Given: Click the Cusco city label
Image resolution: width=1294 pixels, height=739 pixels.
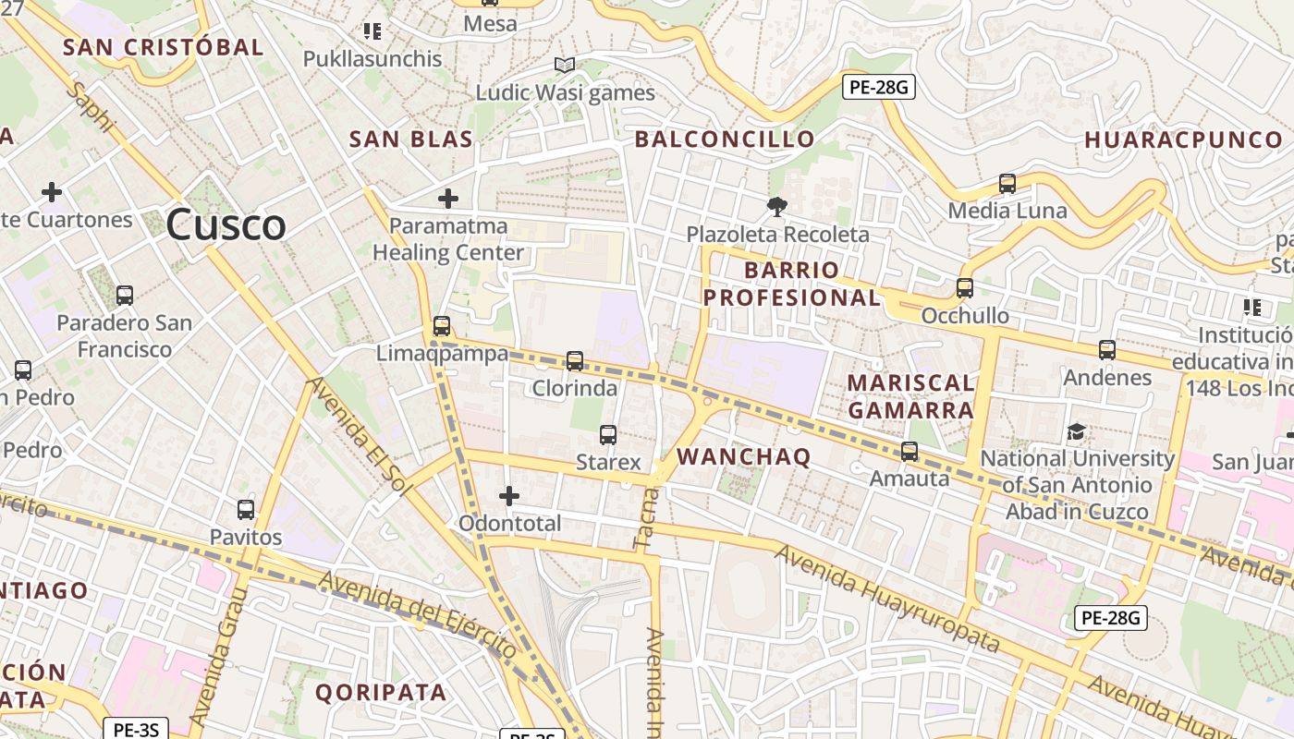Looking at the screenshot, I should coord(226,225).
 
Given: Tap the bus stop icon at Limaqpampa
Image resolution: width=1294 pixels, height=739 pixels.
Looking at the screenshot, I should coord(442,325).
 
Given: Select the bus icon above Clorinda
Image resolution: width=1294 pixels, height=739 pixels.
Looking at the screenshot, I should coord(575,361).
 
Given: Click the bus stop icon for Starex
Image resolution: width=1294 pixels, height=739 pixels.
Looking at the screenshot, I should coord(608,434).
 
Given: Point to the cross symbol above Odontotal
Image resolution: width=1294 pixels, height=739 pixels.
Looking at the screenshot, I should coord(508,496).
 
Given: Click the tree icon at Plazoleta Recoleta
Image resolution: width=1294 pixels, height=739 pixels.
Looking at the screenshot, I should coord(776,207).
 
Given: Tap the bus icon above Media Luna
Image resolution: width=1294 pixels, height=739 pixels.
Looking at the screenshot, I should coord(1007,184).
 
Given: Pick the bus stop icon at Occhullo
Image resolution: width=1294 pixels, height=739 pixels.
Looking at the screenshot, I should coord(965,288).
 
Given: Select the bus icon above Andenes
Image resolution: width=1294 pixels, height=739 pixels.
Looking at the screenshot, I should coord(1107,350).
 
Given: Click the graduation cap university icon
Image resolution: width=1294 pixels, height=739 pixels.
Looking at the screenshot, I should coord(1076,431).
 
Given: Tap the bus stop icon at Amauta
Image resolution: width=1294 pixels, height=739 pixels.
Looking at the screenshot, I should coord(909,452).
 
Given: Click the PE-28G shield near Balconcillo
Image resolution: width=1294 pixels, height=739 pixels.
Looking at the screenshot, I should coord(879,88).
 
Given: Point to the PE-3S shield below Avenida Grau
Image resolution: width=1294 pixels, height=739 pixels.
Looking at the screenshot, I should coord(136,729).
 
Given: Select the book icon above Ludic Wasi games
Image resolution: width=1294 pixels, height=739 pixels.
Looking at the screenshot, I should coord(564,65).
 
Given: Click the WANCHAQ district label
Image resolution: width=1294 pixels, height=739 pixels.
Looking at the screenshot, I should coord(744,456).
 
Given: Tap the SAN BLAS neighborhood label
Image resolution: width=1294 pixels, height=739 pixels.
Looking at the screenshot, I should coord(410,139).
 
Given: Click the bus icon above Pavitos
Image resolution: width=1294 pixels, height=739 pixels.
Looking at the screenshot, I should coord(246,509).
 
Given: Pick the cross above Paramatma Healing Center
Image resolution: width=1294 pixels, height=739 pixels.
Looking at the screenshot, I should coord(448,198).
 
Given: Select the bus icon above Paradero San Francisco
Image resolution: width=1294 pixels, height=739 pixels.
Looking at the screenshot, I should coord(124,296).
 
